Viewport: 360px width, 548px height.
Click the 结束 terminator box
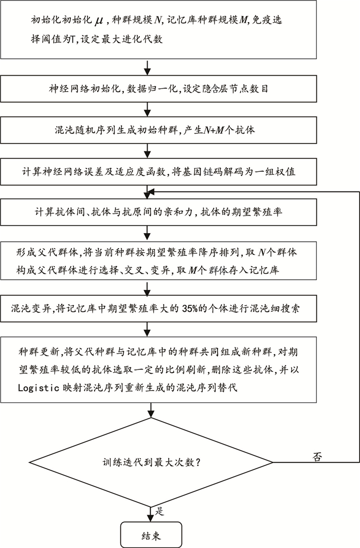(x=151, y=535)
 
